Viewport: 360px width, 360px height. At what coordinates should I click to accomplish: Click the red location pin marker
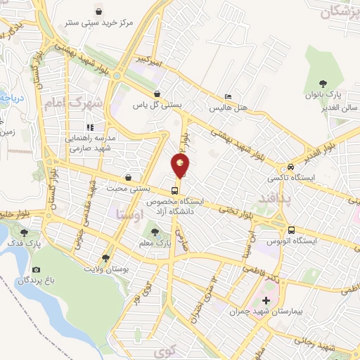coord(180,167)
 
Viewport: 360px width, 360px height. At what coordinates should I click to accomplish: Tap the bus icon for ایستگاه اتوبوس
coord(291,230)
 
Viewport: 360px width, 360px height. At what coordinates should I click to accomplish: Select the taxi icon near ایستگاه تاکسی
coord(290,167)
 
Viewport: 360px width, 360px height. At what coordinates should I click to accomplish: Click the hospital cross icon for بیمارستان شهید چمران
coord(266,302)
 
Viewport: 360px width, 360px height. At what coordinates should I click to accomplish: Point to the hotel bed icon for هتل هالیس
coord(226,97)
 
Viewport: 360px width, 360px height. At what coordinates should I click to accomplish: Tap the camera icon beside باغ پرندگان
coord(37,270)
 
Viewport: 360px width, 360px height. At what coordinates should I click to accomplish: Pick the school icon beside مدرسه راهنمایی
coord(90,128)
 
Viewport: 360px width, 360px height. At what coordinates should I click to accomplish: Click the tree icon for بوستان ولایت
coord(105,258)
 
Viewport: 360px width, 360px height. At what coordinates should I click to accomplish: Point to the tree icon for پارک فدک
coord(25,231)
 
